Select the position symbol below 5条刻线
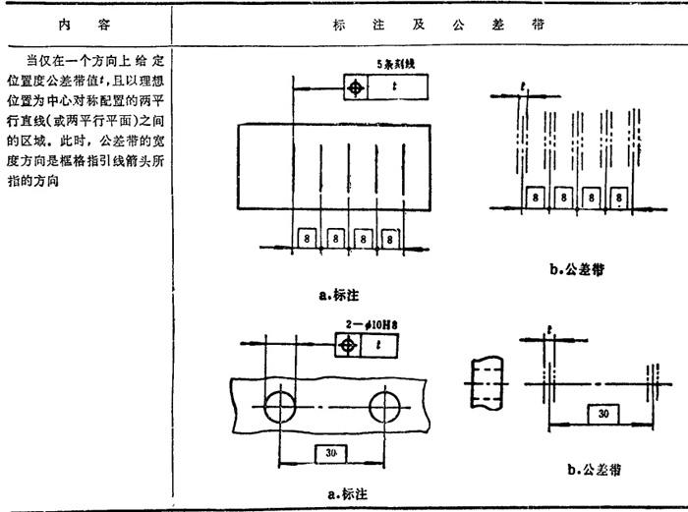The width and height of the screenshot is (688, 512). [x=356, y=87]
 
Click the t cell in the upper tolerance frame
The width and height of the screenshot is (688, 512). [x=397, y=87]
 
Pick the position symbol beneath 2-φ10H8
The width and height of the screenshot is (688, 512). [x=347, y=346]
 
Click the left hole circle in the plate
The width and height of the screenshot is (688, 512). [x=279, y=405]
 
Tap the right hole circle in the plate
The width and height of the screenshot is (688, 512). [x=385, y=405]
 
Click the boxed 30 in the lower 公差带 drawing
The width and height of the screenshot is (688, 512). [x=601, y=414]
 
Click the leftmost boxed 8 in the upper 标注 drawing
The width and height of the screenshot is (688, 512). [x=307, y=239]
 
